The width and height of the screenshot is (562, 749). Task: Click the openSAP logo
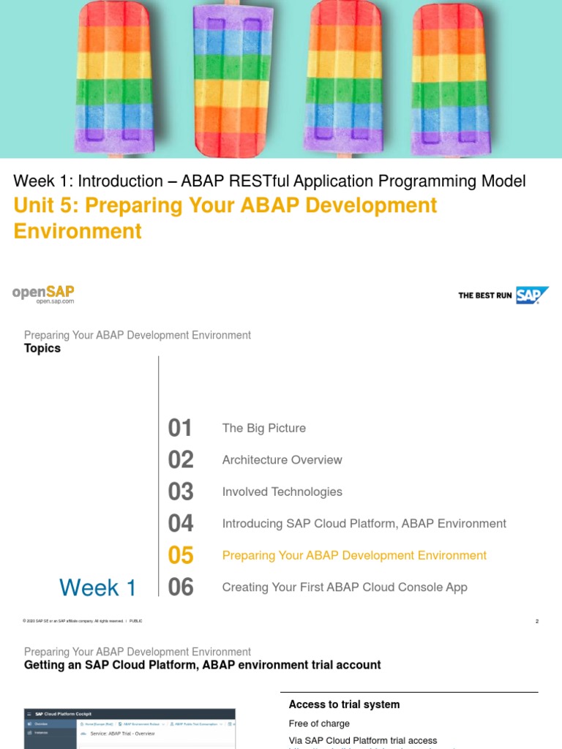43,294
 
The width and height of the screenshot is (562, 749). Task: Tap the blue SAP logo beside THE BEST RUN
532,295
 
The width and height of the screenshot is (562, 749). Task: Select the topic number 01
181,428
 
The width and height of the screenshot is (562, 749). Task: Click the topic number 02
181,460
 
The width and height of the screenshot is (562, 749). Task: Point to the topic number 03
181,492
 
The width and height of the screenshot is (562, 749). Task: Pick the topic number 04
181,524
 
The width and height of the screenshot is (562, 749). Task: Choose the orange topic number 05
181,555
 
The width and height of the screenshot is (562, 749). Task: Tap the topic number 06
181,587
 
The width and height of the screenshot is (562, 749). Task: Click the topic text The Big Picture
264,428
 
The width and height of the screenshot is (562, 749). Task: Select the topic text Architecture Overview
282,460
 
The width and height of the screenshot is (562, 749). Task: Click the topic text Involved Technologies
282,492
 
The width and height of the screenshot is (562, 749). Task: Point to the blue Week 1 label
97,587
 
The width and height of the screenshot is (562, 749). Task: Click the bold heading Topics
42,348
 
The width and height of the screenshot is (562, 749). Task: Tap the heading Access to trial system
344,704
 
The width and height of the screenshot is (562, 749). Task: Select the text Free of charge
319,723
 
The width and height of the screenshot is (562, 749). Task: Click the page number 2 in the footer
536,622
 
